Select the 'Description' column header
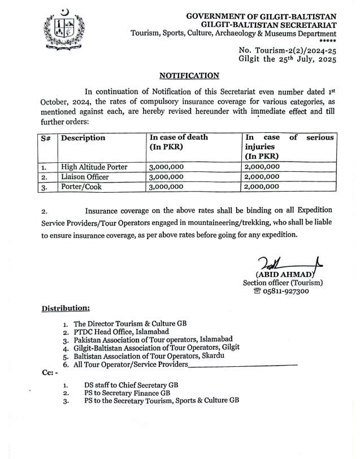(x=83, y=138)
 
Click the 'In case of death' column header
(x=179, y=138)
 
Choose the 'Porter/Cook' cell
(x=81, y=186)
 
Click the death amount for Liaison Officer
(x=166, y=176)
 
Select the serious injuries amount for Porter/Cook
(x=262, y=186)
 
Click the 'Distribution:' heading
(x=65, y=308)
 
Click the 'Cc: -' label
(x=49, y=374)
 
